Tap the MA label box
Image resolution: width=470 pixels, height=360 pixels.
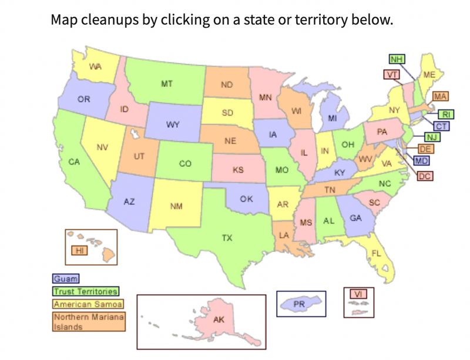coord(441,96)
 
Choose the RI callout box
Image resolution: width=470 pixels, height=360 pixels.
coord(445,115)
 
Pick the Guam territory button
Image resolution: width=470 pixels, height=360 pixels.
coord(66,280)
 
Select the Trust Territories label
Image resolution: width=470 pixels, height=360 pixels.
coord(86,291)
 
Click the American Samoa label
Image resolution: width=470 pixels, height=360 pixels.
coord(88,304)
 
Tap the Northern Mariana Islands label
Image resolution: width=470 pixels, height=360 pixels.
coord(88,321)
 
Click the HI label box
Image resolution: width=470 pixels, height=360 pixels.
coord(79,251)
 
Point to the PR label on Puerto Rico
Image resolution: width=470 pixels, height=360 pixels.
coord(299,304)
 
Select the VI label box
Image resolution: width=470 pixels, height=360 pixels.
coord(357,294)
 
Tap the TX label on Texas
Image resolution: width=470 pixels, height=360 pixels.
coord(227,238)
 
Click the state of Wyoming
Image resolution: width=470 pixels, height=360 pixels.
coord(173,125)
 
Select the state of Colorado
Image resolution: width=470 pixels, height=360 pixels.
coord(185,163)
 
